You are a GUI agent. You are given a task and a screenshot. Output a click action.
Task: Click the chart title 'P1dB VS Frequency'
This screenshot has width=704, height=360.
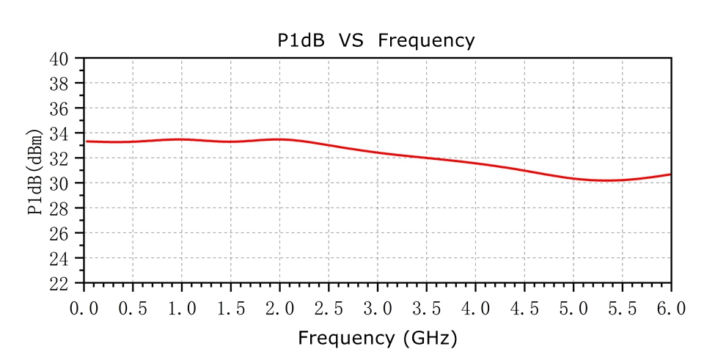point(375,41)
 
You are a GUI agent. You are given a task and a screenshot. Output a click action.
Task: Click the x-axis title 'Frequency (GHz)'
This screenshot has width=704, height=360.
point(377,338)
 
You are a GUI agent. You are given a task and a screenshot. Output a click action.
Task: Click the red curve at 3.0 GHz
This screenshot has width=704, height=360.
point(378,153)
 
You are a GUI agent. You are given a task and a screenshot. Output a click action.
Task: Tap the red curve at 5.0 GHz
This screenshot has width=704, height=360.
point(573,177)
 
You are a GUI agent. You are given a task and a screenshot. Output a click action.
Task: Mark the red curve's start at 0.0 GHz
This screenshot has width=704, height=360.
point(85,142)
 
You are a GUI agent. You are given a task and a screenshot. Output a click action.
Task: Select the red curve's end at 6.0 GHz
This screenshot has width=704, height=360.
point(670,175)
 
